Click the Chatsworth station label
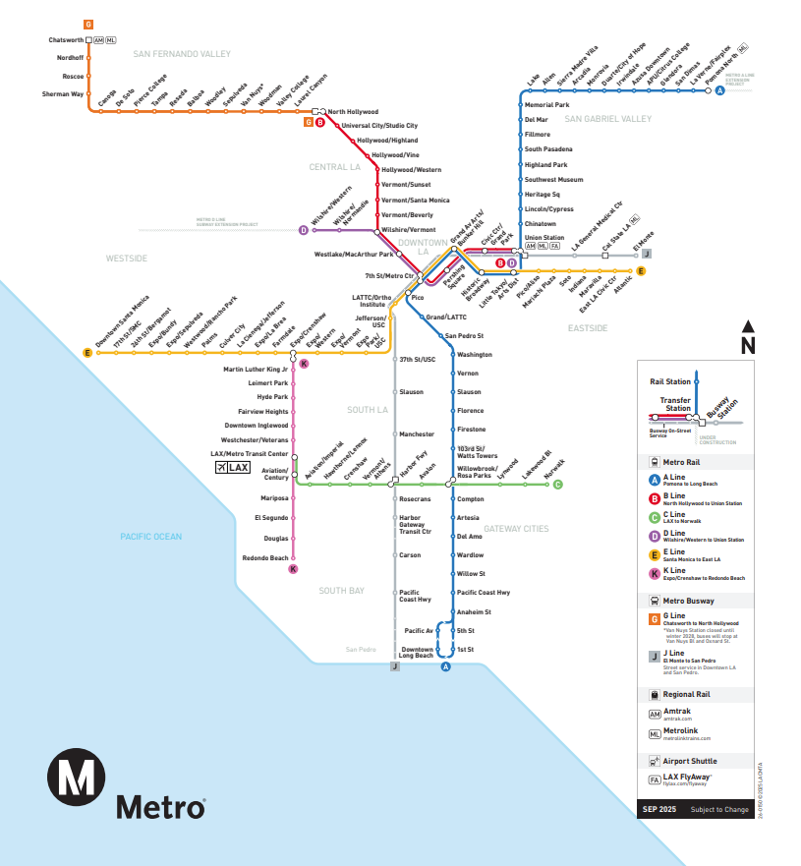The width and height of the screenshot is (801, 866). click(x=66, y=40)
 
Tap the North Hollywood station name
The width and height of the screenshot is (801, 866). click(x=353, y=112)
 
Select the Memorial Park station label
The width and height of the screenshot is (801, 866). click(x=546, y=104)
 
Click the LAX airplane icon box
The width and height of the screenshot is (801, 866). click(x=233, y=468)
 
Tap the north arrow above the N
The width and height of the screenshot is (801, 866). click(x=748, y=326)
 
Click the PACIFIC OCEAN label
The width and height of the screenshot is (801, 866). click(x=150, y=537)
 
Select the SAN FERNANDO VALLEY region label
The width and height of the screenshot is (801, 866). click(x=182, y=54)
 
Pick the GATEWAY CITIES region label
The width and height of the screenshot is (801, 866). click(x=516, y=529)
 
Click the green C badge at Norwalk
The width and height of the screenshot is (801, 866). click(x=558, y=485)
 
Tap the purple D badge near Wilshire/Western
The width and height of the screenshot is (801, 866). click(x=304, y=231)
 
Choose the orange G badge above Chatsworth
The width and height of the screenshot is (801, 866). click(x=88, y=24)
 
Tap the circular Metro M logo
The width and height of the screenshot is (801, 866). click(x=76, y=775)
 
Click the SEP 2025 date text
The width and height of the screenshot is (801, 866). click(x=658, y=809)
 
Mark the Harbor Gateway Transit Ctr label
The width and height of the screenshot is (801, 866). click(x=416, y=524)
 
